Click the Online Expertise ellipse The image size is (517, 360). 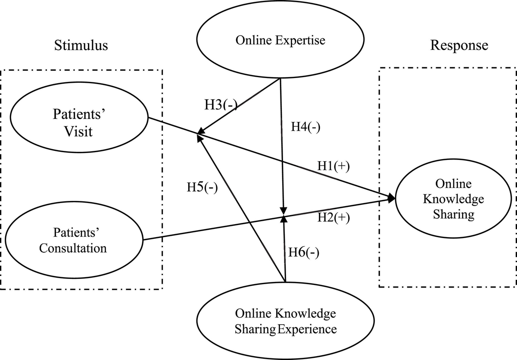coord(280,41)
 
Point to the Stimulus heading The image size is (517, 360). coord(81,46)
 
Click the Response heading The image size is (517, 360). coord(459,45)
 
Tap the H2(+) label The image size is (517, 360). coord(333,217)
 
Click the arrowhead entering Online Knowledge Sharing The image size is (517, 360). coord(392,198)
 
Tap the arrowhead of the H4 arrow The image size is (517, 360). coord(283,210)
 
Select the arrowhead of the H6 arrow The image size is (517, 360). coord(283,219)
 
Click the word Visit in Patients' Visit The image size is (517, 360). coord(78,131)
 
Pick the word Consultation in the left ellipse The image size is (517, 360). coord(73,248)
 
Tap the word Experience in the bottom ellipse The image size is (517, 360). coord(306,330)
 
